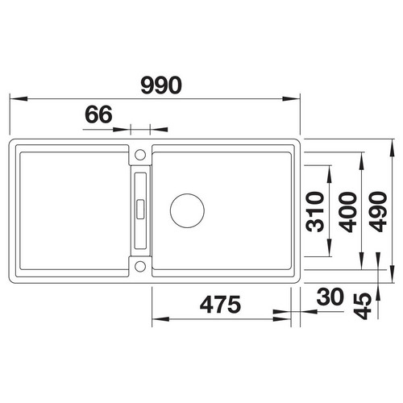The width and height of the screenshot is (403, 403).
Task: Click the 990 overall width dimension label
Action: [x=161, y=85]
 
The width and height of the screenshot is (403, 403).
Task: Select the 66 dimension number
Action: [x=98, y=114]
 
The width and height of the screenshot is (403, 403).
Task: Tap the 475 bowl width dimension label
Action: [x=220, y=305]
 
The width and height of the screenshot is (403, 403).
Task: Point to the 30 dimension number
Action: [x=330, y=297]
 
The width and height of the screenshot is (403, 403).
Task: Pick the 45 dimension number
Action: [x=362, y=305]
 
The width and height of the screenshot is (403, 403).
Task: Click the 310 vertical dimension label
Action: [x=315, y=212]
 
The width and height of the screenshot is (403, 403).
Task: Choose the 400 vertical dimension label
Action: [x=347, y=212]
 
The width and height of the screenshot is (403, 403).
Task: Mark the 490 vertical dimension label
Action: [x=378, y=212]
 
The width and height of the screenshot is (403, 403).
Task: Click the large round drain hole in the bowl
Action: [x=187, y=210]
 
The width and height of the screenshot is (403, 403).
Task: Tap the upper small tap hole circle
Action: [x=140, y=155]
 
